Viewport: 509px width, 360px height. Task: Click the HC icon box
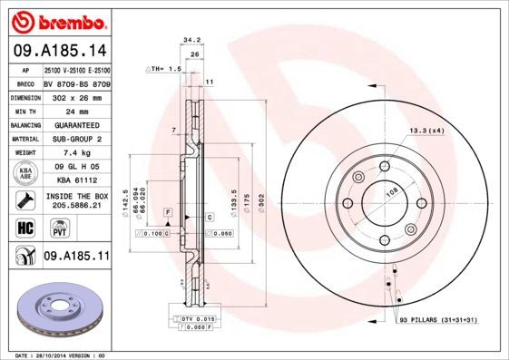(25, 227)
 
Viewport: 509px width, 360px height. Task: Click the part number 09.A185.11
(76, 258)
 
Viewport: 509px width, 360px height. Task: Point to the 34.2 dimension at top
(191, 40)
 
